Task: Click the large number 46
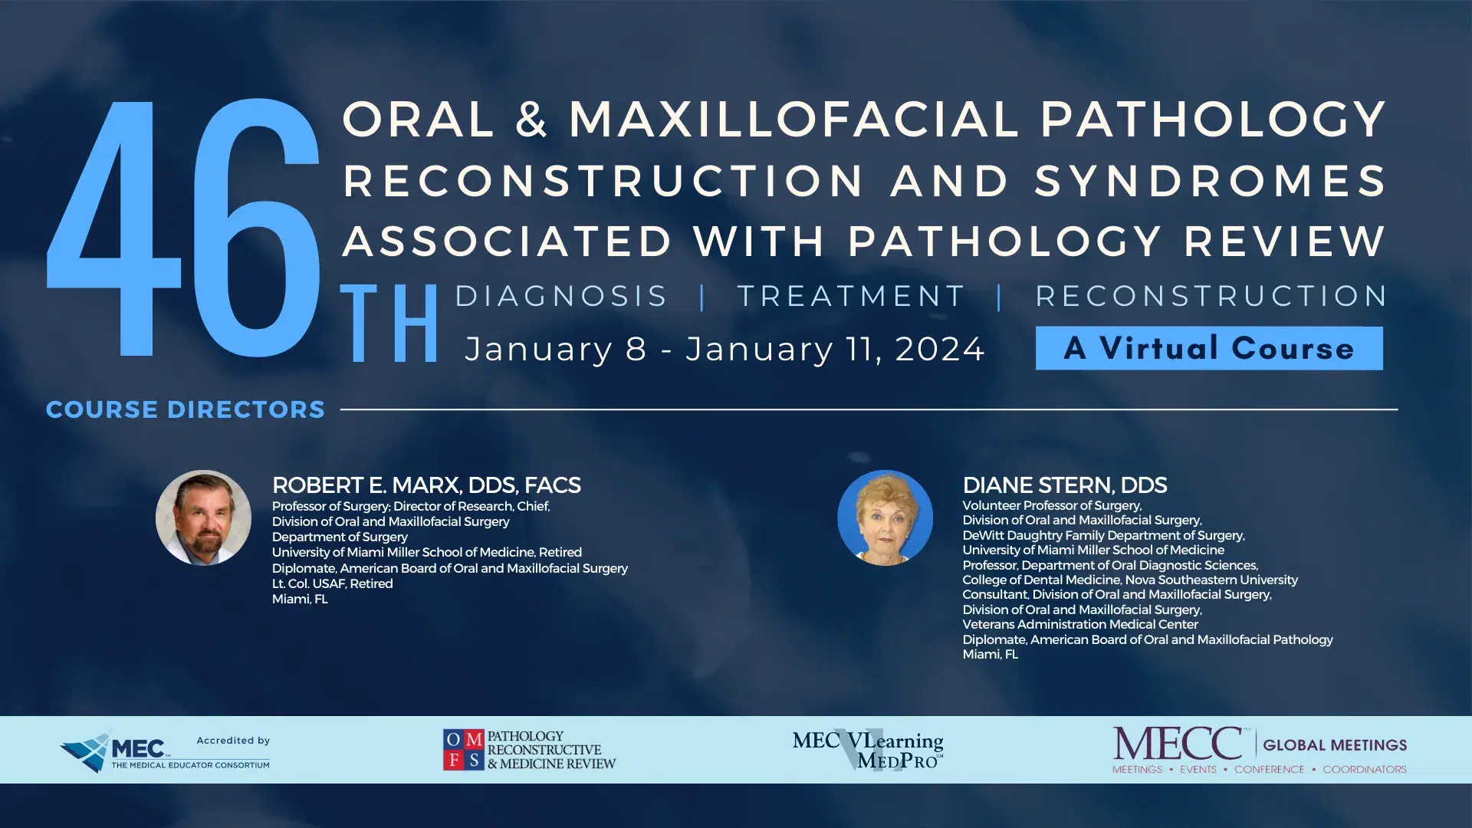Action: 182,228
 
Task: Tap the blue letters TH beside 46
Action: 389,323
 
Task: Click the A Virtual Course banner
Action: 1209,348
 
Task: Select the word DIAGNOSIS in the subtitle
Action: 561,296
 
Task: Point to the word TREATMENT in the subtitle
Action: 851,296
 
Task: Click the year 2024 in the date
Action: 939,350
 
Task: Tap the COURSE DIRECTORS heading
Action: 186,409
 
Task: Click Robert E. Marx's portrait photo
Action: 203,517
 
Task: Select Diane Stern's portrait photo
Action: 885,517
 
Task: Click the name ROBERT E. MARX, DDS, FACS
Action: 426,485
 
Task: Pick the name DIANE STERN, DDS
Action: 1064,485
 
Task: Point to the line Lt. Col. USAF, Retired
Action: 332,583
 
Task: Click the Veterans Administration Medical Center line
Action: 1079,624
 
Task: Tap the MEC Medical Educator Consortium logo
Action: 115,751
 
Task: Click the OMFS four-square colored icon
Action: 463,749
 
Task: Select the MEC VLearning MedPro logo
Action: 868,750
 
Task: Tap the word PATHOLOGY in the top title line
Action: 1213,120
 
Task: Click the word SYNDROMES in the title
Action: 1210,181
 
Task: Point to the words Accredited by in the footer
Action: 233,740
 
